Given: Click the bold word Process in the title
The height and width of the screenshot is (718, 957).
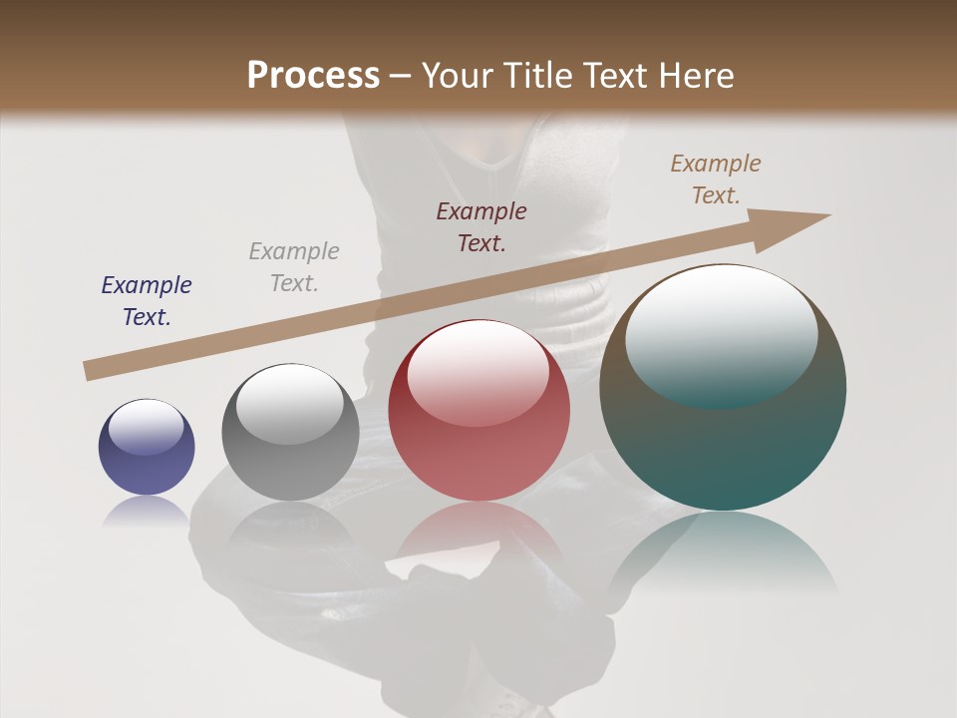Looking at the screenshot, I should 313,76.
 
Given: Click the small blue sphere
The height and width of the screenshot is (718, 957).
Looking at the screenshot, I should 147,447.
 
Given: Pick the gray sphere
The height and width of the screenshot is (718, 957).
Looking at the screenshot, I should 290,432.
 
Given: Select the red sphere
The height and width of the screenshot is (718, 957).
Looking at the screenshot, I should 478,411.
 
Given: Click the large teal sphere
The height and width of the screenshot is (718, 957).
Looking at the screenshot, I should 723,387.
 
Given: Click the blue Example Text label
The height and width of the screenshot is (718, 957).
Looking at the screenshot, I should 147,301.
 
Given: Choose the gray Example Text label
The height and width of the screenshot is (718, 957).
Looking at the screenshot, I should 294,267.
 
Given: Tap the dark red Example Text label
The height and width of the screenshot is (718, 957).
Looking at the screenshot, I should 481,226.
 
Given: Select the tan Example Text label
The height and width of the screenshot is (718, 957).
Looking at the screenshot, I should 716,179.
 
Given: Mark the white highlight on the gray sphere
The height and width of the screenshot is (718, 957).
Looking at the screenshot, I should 290,405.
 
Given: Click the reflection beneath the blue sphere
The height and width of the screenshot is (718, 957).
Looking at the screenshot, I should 147,511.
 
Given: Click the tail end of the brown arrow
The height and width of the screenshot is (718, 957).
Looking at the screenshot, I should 92,370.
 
